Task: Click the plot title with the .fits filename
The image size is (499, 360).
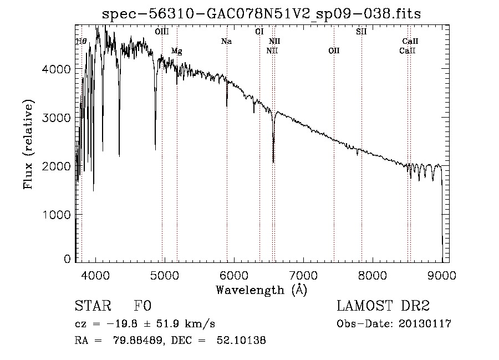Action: [262, 14]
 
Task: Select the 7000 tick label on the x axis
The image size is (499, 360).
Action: [303, 275]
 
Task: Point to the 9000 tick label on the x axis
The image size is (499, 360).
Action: [442, 275]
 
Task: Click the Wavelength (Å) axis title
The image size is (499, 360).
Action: [261, 290]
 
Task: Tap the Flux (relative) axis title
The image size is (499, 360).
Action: [28, 144]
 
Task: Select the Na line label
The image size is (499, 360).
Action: [226, 42]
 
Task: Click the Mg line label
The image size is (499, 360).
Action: [176, 51]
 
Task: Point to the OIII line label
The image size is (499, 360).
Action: [162, 32]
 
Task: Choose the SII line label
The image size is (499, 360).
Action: [361, 32]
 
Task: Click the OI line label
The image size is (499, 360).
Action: [259, 32]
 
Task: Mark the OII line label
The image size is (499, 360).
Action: [334, 51]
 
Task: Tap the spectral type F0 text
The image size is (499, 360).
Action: [142, 306]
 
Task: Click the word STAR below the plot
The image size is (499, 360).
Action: [92, 306]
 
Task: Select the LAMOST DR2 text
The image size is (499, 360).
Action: [383, 306]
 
